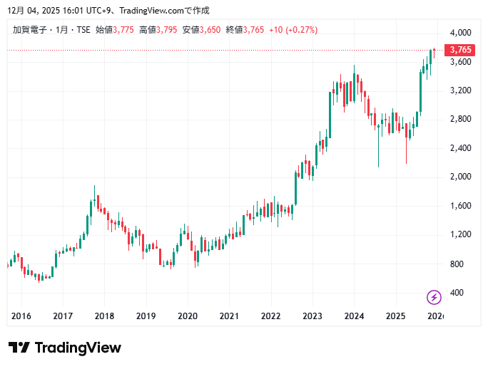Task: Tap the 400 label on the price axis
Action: pos(457,293)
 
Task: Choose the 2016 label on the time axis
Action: pos(21,316)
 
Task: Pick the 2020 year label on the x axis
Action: pos(188,316)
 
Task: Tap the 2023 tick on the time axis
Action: pos(312,316)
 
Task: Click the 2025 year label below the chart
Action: pos(395,316)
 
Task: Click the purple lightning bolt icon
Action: pos(434,296)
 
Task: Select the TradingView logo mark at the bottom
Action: pos(19,348)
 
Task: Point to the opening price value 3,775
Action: pos(123,30)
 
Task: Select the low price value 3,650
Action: pos(212,30)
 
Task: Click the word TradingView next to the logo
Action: pos(78,348)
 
